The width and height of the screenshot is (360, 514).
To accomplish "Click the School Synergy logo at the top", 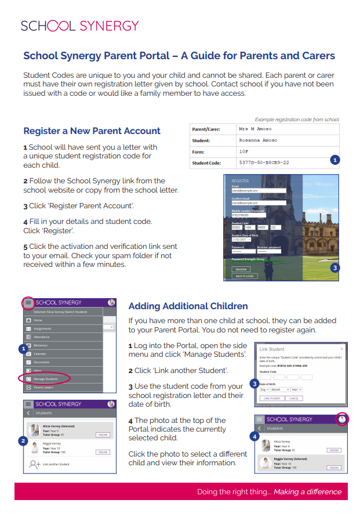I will [79, 26].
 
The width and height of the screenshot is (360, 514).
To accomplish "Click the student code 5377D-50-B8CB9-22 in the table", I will [264, 163].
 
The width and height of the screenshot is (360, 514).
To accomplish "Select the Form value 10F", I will [243, 151].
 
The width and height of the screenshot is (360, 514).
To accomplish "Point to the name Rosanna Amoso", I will [258, 140].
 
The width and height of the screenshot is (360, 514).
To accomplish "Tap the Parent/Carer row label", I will [206, 129].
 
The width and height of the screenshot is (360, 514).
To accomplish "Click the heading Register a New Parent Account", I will [92, 131].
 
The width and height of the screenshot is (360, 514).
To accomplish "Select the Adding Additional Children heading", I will [188, 306].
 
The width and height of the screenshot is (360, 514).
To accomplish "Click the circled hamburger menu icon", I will [28, 302].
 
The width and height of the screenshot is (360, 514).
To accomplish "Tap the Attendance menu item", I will [42, 336].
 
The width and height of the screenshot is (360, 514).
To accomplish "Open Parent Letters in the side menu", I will [44, 387].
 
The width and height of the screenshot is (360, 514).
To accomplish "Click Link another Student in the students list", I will [56, 465].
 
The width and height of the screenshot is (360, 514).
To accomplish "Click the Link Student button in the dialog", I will [271, 399].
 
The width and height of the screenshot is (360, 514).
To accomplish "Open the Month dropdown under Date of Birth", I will [279, 390].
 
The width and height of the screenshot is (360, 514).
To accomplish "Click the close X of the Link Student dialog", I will [341, 349].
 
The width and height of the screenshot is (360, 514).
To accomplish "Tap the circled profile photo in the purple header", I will [342, 419].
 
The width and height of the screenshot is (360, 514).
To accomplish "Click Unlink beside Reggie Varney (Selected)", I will [334, 465].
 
